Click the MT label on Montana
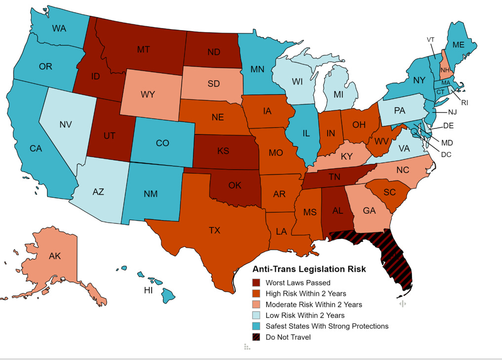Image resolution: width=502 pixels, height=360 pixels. [x=143, y=49]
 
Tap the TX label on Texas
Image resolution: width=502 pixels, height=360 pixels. [x=214, y=230]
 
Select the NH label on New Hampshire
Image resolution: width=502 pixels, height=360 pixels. [x=445, y=71]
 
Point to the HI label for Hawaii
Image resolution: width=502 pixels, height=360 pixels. [x=148, y=290]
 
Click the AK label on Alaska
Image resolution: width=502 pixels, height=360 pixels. [x=55, y=256]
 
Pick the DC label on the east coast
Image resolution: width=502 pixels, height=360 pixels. [x=446, y=154]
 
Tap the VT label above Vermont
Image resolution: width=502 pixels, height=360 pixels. [x=431, y=40]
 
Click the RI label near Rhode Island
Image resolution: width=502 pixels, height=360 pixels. [x=464, y=103]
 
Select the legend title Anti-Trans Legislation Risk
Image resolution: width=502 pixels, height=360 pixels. [x=309, y=269]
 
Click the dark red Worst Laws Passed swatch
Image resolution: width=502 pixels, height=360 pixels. [x=256, y=283]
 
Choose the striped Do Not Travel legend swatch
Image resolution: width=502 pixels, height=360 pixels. [x=256, y=337]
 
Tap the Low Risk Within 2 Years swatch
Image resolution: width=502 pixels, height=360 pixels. [x=256, y=316]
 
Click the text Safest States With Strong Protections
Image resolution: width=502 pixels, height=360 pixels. [x=327, y=326]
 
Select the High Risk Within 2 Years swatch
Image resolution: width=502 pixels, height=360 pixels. [x=256, y=294]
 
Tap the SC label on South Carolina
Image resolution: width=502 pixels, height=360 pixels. [x=389, y=192]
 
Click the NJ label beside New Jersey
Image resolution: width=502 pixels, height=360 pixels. [x=452, y=112]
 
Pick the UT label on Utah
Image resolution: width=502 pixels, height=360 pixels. [x=109, y=135]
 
